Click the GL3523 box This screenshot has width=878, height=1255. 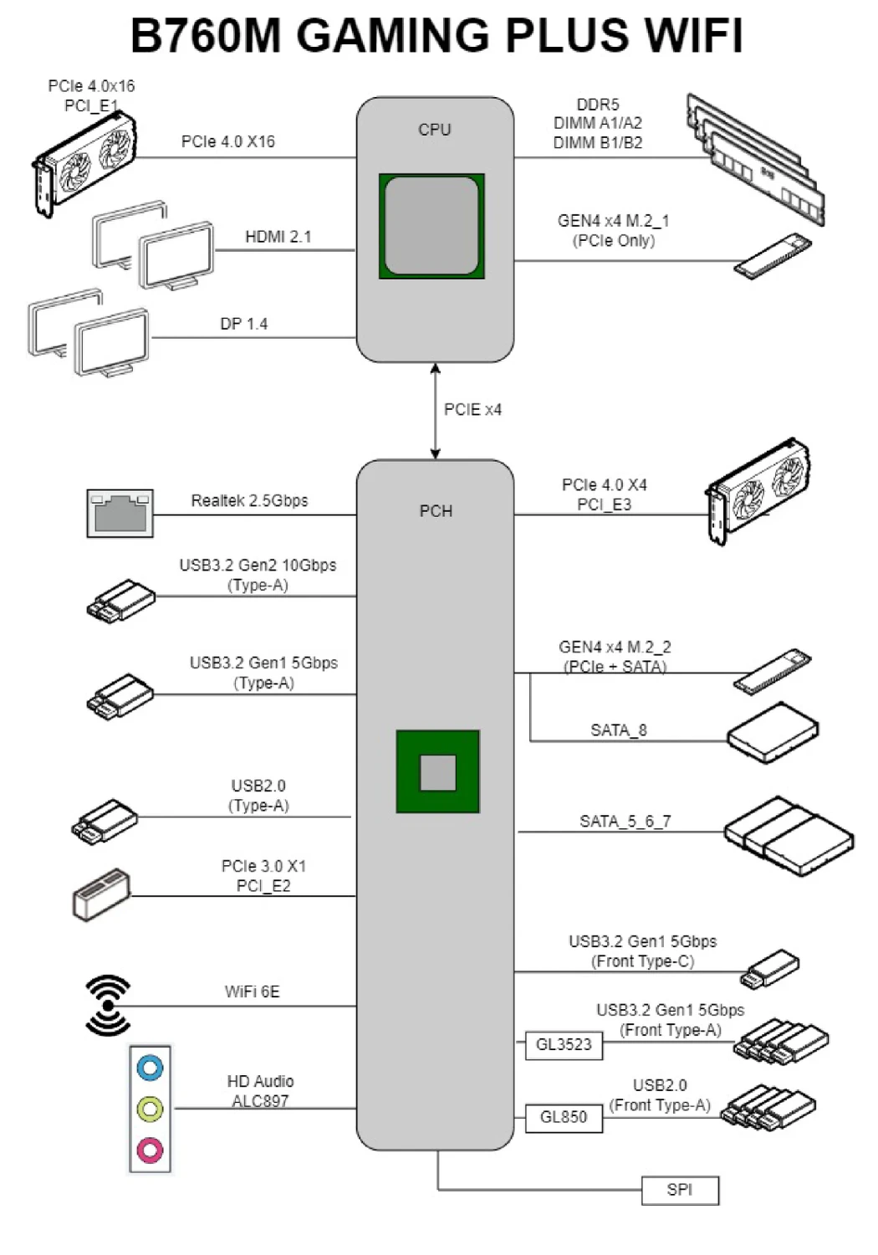tap(564, 1045)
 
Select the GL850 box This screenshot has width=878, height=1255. tap(564, 1118)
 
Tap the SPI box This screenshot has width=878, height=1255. tap(680, 1190)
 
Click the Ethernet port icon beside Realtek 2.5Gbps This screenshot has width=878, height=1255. tap(120, 513)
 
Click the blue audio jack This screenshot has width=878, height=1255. tap(150, 1068)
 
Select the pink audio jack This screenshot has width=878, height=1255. tap(150, 1150)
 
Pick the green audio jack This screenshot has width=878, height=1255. tap(150, 1109)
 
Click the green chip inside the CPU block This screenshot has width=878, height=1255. tap(431, 226)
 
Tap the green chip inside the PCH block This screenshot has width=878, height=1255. tap(437, 771)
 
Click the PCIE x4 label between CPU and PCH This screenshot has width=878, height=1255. tap(472, 410)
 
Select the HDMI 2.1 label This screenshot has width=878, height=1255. tap(278, 238)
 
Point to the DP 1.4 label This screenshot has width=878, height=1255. tap(243, 325)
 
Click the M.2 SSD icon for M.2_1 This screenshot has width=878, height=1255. tap(773, 257)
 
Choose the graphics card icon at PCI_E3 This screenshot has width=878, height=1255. tap(758, 490)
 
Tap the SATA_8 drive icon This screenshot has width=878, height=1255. tap(772, 733)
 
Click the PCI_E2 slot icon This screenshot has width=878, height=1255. tap(101, 894)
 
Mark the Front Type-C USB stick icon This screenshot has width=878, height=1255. tap(770, 969)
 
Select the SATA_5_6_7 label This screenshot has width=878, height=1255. tap(625, 822)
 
